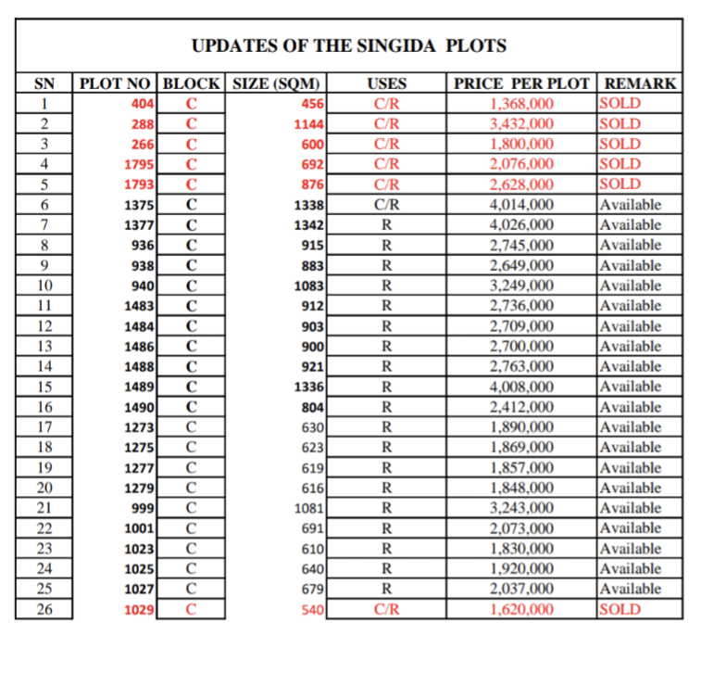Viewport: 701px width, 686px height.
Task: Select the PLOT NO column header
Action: point(118,83)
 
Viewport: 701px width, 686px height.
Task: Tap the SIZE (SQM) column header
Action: point(276,83)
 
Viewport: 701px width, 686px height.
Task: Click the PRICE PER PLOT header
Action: point(521,83)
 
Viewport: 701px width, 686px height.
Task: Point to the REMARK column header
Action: point(640,83)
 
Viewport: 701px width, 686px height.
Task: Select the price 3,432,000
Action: point(521,124)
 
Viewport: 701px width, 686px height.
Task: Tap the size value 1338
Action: point(307,205)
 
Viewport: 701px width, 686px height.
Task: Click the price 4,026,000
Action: point(521,225)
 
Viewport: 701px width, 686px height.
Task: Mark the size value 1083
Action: point(307,286)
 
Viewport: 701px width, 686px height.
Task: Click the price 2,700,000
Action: point(521,347)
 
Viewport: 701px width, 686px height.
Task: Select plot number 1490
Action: point(139,408)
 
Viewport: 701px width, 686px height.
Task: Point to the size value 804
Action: point(310,408)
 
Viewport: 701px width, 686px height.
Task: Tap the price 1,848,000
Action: point(521,489)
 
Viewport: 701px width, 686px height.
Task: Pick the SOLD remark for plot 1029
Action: point(620,610)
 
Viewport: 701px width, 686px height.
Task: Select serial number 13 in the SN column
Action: point(44,347)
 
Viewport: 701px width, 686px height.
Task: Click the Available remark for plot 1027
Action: point(630,590)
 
